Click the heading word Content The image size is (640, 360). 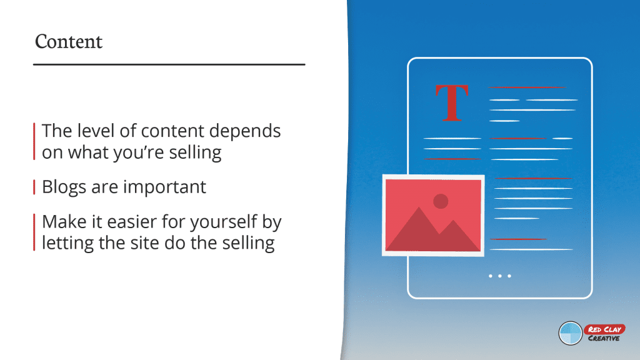[x=69, y=42]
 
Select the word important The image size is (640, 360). [x=164, y=187]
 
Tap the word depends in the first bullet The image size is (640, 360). [x=244, y=131]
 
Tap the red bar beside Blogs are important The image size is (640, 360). [x=34, y=187]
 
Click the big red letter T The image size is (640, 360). [x=451, y=103]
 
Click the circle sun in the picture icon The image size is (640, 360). [x=441, y=201]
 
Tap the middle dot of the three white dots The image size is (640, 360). [x=500, y=276]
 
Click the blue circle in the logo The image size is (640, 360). [x=570, y=333]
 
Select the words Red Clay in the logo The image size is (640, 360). [x=604, y=329]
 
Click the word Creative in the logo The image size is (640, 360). [x=604, y=338]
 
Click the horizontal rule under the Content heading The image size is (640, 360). [x=169, y=64]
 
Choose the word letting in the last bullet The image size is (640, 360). [x=68, y=244]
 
